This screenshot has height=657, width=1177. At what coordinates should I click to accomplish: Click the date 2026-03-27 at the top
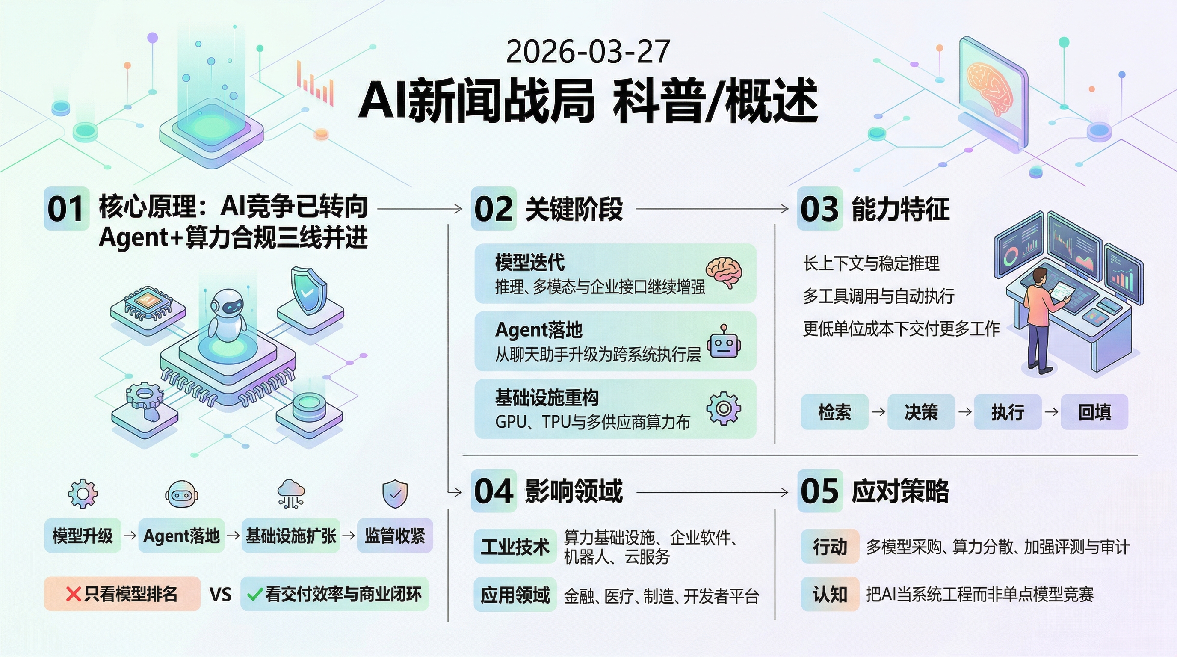pos(588,52)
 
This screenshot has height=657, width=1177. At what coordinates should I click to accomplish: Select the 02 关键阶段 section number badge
pos(493,208)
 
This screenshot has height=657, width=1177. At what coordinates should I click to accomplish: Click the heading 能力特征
pos(900,209)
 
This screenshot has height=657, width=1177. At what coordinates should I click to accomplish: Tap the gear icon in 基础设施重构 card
pos(723,408)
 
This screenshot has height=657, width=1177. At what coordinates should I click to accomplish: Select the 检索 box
pos(834,412)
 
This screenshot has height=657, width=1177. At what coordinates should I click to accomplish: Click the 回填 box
pos(1094,412)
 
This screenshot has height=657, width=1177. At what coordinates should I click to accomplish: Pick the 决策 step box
pos(921,412)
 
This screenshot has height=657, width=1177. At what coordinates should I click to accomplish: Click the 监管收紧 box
pos(395,536)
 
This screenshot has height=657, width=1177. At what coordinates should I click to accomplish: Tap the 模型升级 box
pos(83,536)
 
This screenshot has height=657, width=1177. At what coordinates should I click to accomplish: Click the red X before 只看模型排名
pos(73,595)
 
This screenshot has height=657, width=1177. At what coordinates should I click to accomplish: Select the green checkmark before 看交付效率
pos(254,595)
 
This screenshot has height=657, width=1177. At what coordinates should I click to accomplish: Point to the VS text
pos(220,595)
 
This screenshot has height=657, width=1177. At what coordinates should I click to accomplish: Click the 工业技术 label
pos(515,547)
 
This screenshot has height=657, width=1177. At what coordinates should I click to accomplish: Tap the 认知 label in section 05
pos(830,595)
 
